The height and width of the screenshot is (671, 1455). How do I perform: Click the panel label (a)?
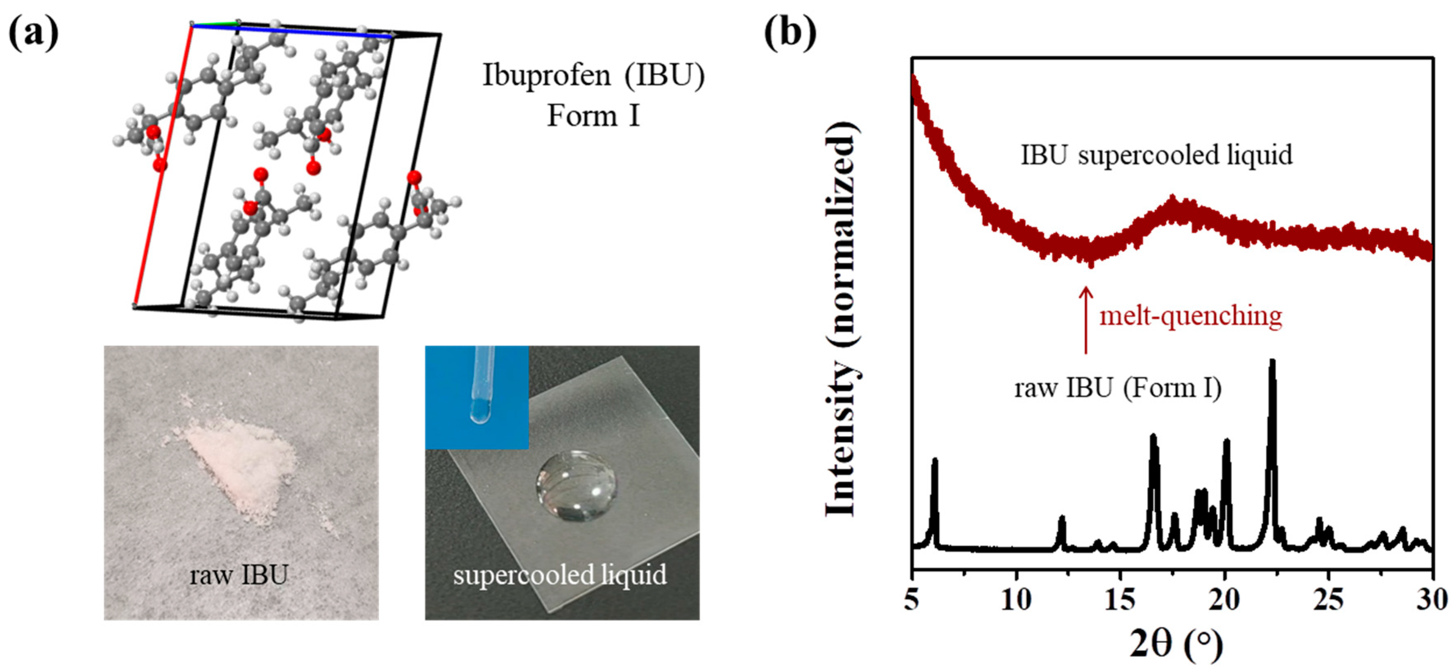point(34,33)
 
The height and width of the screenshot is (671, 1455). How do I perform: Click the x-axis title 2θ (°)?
point(1176,643)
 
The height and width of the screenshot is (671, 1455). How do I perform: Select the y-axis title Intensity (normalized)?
point(842,319)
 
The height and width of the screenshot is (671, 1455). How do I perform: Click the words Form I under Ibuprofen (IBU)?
point(593,116)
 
